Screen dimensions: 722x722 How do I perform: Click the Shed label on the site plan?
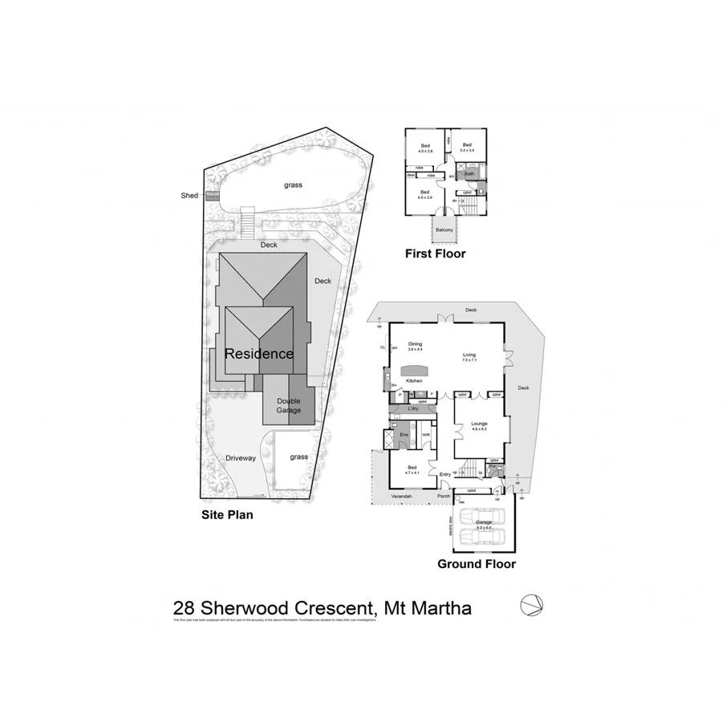189,195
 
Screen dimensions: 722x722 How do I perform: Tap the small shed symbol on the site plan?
212,196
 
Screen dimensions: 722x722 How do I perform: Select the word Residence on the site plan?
258,354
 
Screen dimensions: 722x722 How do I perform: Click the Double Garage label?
289,406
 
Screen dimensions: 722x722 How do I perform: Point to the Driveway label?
240,458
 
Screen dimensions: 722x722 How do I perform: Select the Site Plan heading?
227,515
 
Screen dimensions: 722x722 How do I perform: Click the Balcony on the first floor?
444,230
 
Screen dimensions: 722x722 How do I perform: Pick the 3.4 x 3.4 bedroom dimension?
466,150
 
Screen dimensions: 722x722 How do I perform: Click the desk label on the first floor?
410,176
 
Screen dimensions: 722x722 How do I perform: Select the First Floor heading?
436,254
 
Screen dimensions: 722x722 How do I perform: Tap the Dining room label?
415,344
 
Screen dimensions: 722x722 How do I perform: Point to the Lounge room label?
479,424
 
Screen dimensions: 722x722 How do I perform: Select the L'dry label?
414,409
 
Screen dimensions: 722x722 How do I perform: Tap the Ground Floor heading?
476,564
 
